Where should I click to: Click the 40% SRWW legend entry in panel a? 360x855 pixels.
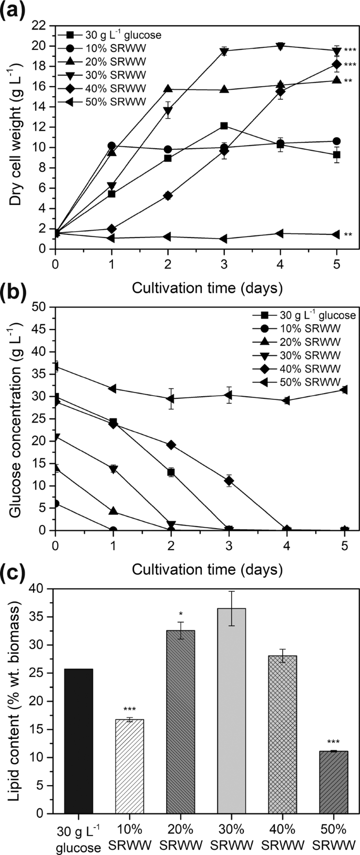coord(106,88)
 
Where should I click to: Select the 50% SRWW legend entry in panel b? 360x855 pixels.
coord(296,382)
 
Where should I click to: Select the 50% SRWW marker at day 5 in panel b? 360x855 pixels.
coord(336,389)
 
